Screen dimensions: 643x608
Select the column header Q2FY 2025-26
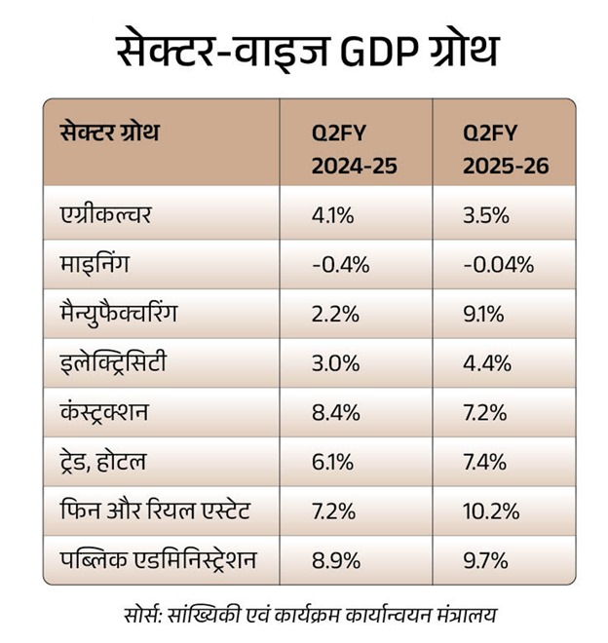(505, 150)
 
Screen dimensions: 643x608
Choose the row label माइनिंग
(90, 264)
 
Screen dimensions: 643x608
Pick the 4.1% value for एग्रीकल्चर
(332, 215)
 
